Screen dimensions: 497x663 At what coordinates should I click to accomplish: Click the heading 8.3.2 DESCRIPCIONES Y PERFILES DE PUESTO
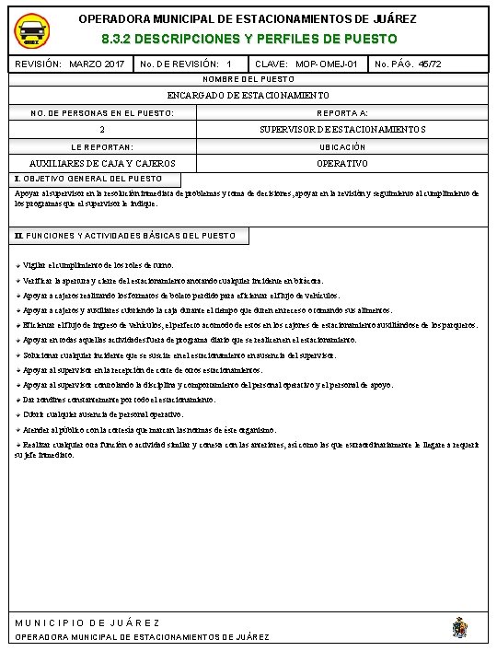(248, 40)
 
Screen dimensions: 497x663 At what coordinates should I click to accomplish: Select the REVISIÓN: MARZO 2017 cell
(70, 64)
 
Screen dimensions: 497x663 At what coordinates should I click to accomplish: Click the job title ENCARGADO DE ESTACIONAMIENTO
(248, 96)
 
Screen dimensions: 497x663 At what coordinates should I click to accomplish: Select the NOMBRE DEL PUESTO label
(248, 80)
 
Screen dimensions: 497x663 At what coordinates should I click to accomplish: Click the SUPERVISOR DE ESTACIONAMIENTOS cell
(341, 129)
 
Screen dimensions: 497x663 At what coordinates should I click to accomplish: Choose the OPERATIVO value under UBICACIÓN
(341, 163)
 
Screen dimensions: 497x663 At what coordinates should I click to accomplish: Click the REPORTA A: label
(341, 112)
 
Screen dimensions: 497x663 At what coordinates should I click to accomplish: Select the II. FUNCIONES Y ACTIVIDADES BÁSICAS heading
(125, 236)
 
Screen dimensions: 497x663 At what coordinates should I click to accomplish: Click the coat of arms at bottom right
(459, 628)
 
